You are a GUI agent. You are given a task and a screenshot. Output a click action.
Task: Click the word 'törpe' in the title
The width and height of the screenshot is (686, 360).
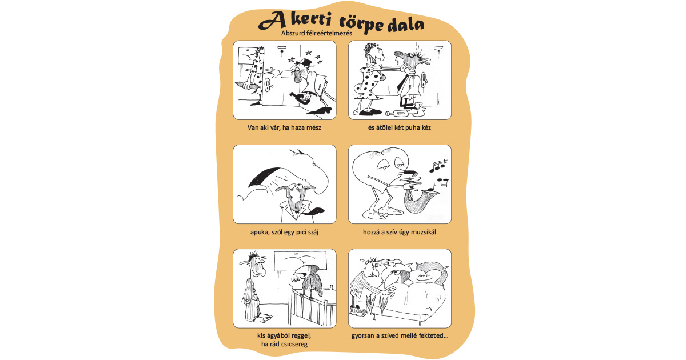pyautogui.click(x=361, y=23)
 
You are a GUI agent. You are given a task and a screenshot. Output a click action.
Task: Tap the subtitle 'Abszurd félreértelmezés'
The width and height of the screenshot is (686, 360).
pyautogui.click(x=317, y=33)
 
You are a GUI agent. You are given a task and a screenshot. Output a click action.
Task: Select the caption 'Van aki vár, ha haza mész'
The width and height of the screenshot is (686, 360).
pyautogui.click(x=284, y=127)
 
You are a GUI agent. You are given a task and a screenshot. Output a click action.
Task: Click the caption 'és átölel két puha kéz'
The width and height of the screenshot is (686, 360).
pyautogui.click(x=400, y=127)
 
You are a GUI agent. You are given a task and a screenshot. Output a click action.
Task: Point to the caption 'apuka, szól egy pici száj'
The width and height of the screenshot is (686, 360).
pyautogui.click(x=284, y=232)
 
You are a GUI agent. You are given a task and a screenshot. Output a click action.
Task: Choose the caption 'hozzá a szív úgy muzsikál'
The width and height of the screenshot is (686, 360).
pyautogui.click(x=400, y=232)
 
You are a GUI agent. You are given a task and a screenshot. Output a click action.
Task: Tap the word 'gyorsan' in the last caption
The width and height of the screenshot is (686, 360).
pyautogui.click(x=363, y=335)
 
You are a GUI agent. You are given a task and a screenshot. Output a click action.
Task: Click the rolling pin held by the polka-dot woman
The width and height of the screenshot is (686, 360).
pyautogui.click(x=247, y=86)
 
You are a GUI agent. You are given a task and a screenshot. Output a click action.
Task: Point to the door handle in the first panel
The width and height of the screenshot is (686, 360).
pyautogui.click(x=268, y=85)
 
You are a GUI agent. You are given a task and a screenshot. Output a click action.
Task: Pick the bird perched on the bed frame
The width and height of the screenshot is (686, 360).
pyautogui.click(x=309, y=281)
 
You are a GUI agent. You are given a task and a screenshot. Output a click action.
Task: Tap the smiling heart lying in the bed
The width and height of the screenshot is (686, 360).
pyautogui.click(x=427, y=273)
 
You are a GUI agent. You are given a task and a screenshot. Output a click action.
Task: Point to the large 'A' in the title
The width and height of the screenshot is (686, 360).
pyautogui.click(x=273, y=21)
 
